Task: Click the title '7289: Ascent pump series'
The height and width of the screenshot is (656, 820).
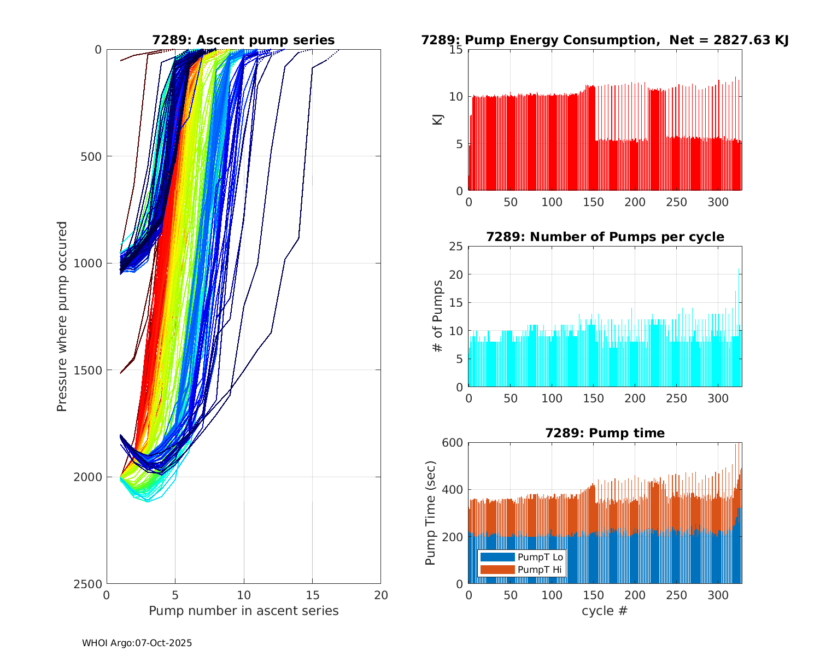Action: tap(243, 40)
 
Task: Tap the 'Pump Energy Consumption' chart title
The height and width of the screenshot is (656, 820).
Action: tap(605, 40)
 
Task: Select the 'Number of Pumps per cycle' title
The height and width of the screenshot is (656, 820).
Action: tap(605, 237)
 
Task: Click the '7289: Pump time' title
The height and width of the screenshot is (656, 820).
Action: tap(605, 433)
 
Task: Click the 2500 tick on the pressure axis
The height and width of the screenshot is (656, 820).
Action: tap(90, 584)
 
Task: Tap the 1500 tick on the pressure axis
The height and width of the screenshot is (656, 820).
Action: tap(90, 370)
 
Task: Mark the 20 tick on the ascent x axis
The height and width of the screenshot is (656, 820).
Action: tap(381, 595)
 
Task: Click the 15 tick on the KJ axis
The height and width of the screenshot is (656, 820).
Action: tap(456, 50)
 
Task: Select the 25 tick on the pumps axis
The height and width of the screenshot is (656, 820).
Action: tap(456, 247)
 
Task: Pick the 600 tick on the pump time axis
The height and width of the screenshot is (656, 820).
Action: tap(452, 443)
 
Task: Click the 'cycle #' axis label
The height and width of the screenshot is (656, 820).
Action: tap(605, 611)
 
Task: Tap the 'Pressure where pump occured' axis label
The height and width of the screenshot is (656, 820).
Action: tap(62, 317)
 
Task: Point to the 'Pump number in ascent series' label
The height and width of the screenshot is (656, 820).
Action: tap(243, 611)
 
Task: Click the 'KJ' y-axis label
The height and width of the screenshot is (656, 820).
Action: tap(438, 120)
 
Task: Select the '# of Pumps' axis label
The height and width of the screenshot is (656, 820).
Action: tap(438, 317)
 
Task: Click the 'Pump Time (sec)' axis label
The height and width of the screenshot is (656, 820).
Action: tap(431, 513)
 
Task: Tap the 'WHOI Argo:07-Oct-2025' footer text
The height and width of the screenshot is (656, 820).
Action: tap(137, 643)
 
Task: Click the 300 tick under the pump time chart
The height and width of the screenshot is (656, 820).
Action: tap(718, 595)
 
